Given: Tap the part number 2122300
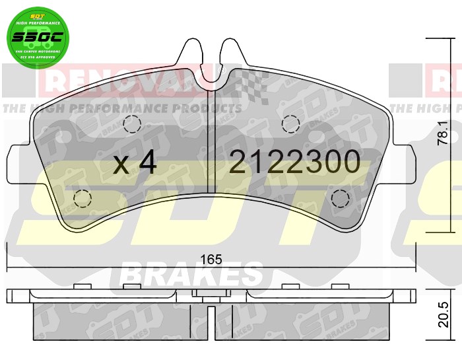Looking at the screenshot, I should point(294,162).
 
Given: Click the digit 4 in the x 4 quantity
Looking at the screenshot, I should point(147,162).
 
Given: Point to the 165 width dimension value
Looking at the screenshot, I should point(211,260).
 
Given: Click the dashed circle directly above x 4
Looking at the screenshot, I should point(132,124).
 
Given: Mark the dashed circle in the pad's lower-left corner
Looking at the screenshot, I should point(82,198).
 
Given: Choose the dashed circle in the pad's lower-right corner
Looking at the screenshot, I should point(341,198).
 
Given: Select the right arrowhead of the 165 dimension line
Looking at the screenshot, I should point(413,269).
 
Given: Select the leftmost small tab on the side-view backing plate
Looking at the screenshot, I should point(82,287).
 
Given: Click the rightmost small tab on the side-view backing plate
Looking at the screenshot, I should point(340,287).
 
